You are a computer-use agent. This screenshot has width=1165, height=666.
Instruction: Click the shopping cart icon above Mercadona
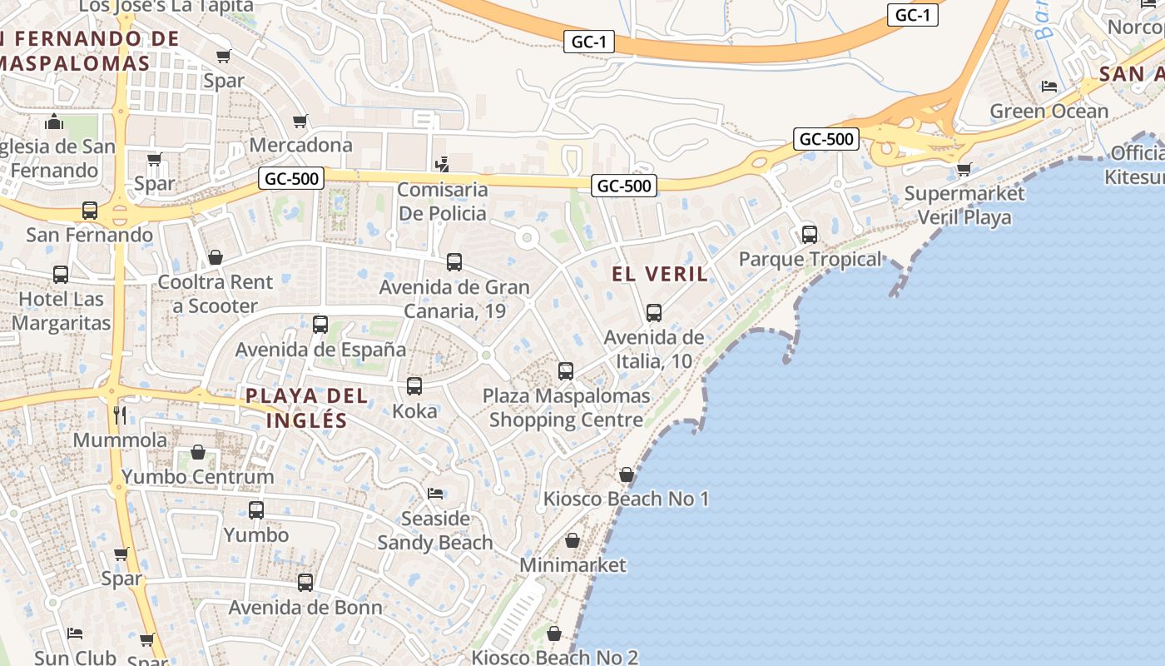click(x=300, y=121)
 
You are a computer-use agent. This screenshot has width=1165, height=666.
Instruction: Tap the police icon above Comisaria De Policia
click(x=443, y=164)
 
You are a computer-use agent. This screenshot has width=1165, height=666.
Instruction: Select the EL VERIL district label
click(x=660, y=274)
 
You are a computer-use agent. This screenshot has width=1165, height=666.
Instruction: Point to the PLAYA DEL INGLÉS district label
click(x=306, y=407)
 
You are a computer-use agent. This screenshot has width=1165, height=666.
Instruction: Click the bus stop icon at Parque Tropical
click(x=809, y=235)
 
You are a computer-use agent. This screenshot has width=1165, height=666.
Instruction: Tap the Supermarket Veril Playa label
click(x=964, y=206)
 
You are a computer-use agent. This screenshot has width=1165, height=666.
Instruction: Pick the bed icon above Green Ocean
click(x=1048, y=87)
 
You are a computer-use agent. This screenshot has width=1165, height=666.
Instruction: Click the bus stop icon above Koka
click(x=414, y=386)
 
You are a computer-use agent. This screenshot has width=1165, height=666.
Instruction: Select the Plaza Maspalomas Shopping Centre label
click(x=566, y=408)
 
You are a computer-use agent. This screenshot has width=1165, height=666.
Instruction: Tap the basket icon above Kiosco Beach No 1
click(x=626, y=475)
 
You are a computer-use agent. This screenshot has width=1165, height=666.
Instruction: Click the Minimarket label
click(x=573, y=565)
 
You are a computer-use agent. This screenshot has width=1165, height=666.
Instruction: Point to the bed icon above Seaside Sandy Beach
click(x=435, y=494)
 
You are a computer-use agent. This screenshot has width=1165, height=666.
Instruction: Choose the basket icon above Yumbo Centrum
click(x=198, y=452)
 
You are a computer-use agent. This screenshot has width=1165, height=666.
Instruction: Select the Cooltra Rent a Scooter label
click(x=216, y=294)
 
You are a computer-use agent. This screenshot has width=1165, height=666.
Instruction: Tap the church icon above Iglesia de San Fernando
click(x=55, y=122)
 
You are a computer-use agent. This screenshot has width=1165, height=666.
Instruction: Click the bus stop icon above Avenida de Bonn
click(x=305, y=583)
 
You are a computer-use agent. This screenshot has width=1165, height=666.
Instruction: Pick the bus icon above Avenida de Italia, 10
click(x=654, y=313)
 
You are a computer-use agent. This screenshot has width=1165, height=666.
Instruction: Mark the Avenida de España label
click(x=320, y=350)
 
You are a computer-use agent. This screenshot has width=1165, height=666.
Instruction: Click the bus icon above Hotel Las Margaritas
click(x=61, y=275)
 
